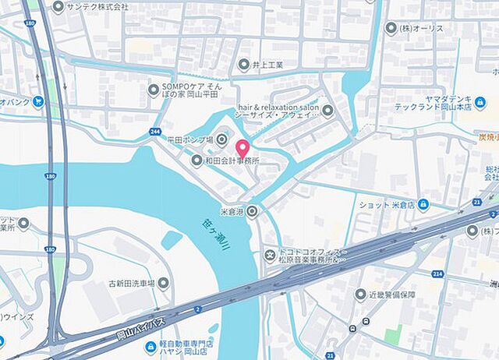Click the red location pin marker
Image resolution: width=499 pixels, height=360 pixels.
(x=242, y=146)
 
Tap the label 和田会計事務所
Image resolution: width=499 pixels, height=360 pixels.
(x=233, y=161)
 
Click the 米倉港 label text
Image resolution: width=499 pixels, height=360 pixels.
(x=232, y=210)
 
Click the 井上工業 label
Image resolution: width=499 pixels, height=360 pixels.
(x=267, y=65)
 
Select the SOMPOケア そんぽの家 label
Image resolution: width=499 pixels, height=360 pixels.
(x=192, y=90)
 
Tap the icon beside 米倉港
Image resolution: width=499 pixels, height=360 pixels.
(x=253, y=210)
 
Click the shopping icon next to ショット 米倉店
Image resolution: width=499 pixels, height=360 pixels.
(x=423, y=205)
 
